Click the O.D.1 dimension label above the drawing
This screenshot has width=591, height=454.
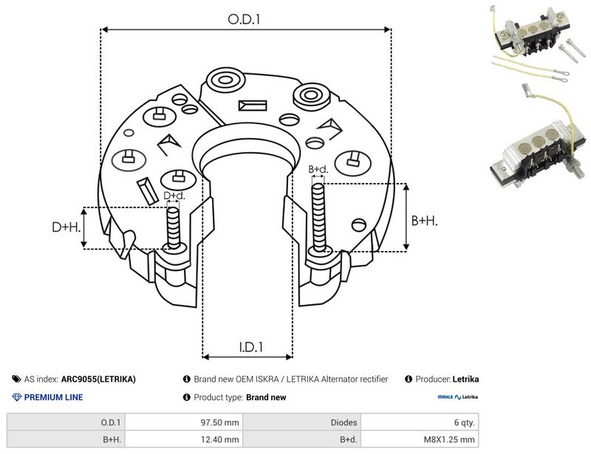[x=244, y=19]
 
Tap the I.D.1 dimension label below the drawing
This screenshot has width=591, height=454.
[x=251, y=347]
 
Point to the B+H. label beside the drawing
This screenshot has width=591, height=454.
[x=424, y=221]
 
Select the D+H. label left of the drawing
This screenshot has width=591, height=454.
[x=66, y=227]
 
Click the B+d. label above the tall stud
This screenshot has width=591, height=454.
[x=318, y=170]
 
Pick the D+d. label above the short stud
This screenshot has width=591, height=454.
[x=174, y=196]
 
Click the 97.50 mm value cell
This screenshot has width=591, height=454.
[x=219, y=422]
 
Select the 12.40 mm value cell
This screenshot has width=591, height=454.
[x=219, y=439]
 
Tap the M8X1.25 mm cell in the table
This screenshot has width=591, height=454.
[x=449, y=439]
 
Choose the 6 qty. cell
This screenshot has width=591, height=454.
[x=465, y=422]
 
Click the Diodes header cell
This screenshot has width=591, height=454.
[x=344, y=422]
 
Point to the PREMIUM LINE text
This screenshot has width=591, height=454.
[x=53, y=397]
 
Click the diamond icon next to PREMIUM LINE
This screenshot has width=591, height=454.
[x=17, y=397]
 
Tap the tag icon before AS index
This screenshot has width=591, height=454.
[x=16, y=379]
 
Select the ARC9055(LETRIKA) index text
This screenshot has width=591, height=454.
[x=98, y=379]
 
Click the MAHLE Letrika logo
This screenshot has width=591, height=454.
[x=457, y=396]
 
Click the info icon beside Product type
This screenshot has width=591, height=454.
[x=187, y=397]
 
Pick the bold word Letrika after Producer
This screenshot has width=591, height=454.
[x=465, y=379]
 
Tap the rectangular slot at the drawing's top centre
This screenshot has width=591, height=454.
[x=253, y=106]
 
